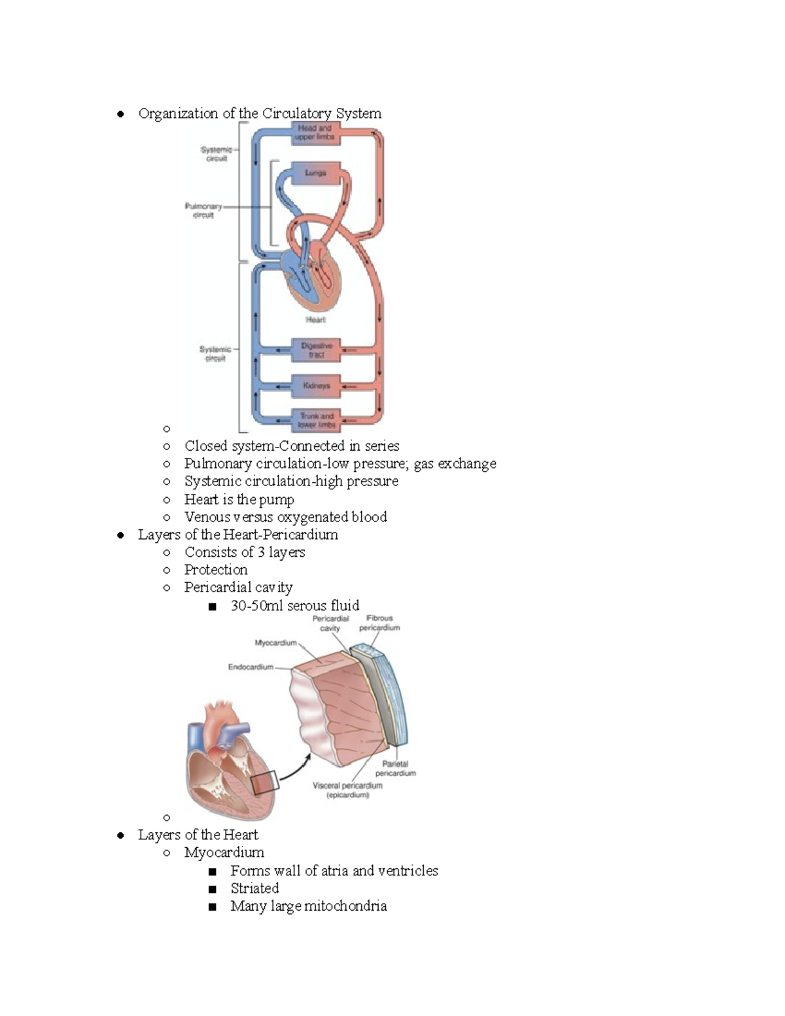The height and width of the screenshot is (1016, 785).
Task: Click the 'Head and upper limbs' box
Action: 316,133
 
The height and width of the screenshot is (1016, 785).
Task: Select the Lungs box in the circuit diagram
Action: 315,173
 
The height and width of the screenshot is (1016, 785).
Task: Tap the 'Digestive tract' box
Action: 317,350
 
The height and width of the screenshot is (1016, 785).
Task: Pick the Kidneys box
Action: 317,386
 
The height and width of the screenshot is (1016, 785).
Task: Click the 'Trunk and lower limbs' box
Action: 317,420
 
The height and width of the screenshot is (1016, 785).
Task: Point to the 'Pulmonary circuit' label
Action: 203,211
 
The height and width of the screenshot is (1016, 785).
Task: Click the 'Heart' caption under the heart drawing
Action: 315,320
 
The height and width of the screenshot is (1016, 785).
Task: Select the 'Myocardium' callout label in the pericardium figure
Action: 275,643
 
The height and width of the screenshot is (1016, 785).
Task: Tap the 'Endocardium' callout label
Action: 251,667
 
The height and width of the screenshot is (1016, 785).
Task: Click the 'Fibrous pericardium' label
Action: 379,623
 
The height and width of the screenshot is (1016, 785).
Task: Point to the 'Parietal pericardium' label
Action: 395,768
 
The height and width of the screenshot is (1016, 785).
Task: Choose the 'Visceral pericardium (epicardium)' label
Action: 347,790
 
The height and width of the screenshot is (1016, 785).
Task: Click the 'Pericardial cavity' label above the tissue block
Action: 330,623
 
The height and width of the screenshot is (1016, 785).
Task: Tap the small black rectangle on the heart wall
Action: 264,782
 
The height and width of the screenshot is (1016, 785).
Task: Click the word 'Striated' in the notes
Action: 254,888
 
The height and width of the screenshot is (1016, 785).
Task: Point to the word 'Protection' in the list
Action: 216,570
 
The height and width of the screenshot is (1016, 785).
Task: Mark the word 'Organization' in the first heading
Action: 178,114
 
